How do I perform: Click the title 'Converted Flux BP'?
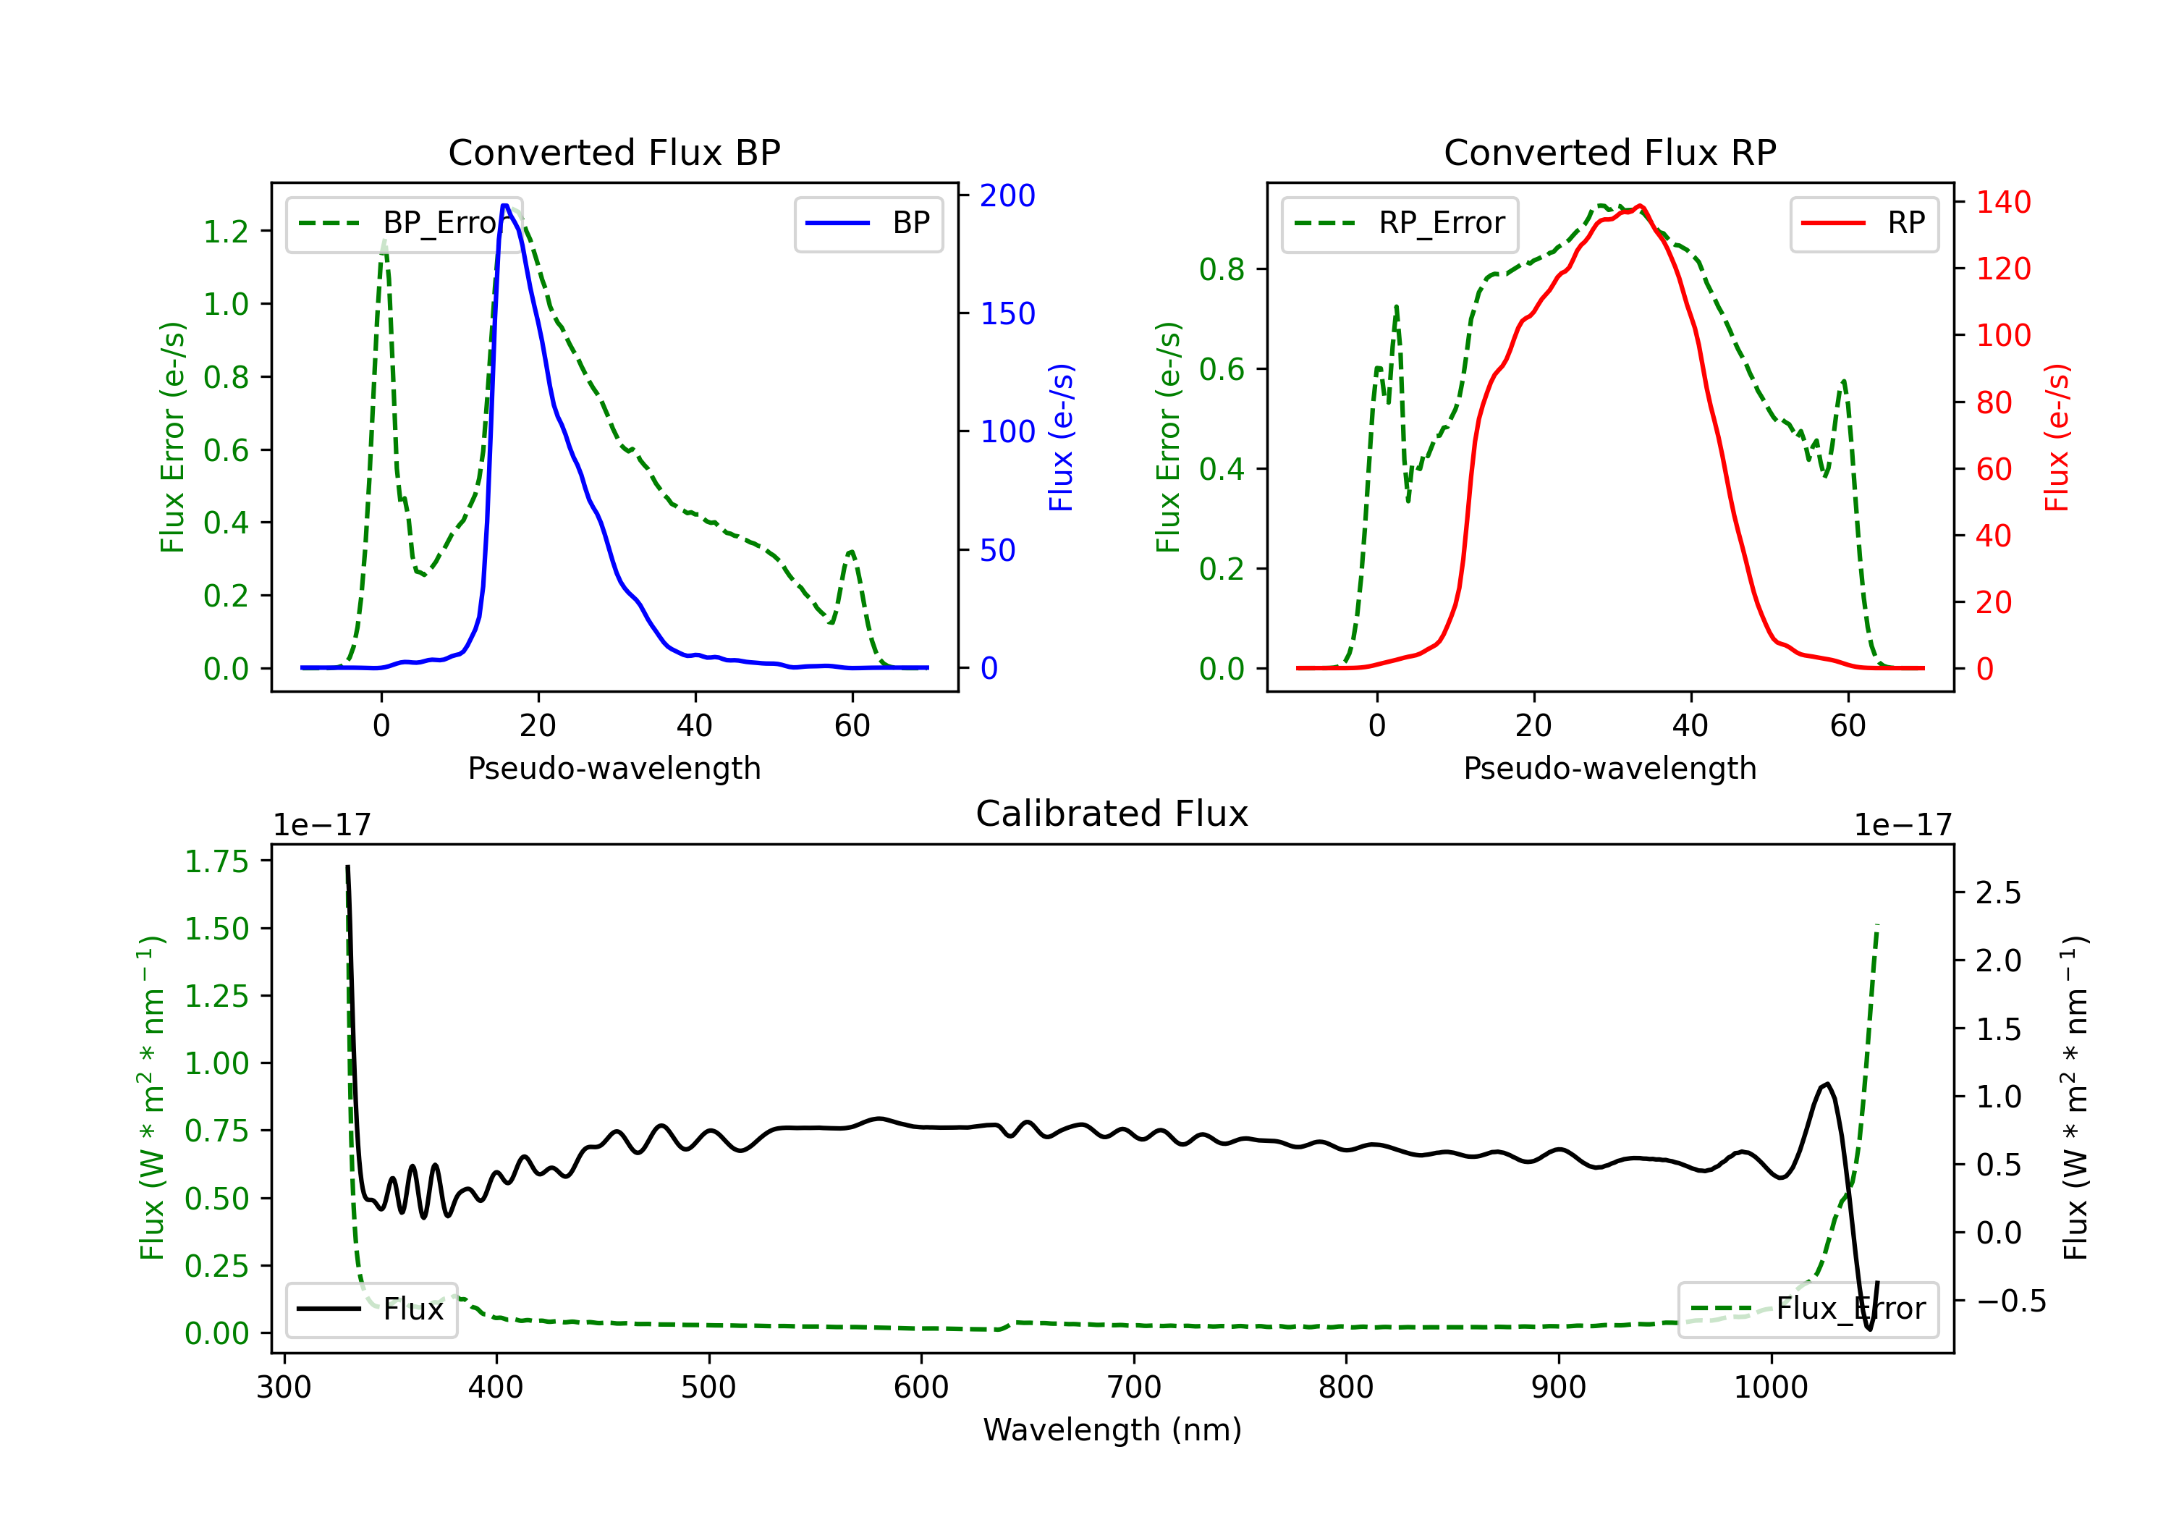tap(614, 152)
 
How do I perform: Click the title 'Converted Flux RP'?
tap(1609, 152)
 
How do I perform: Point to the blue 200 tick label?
tap(1007, 196)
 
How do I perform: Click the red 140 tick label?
tap(2002, 203)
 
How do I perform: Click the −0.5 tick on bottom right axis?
tap(2010, 1301)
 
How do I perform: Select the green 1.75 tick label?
tap(216, 861)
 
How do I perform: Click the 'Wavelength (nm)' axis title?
tap(1112, 1430)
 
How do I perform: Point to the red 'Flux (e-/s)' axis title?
tap(2057, 437)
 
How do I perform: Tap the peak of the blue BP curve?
tap(506, 206)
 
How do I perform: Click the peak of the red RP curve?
tap(1640, 206)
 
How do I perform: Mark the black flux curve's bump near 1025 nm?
tap(1826, 1084)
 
